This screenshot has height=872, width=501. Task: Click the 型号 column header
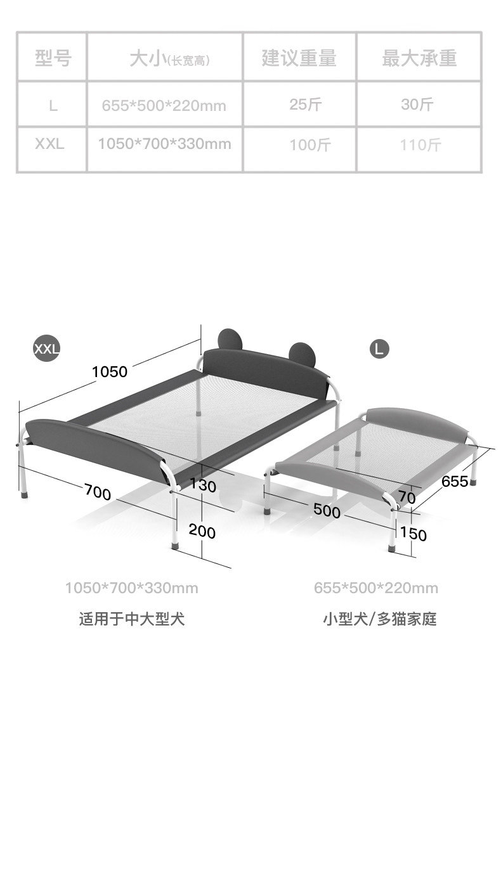click(53, 58)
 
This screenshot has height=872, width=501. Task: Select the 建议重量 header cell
click(299, 58)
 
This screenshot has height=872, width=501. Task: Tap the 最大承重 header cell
click(419, 58)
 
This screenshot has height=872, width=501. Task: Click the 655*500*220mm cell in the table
click(164, 105)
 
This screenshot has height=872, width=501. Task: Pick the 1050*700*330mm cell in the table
click(164, 144)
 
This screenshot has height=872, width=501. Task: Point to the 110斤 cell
click(420, 145)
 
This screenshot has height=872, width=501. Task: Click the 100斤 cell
click(310, 145)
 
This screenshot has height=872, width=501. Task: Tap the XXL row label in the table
click(49, 144)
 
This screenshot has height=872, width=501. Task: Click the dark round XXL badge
click(46, 348)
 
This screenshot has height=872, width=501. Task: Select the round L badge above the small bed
click(379, 348)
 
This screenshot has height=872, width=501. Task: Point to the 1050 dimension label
click(110, 372)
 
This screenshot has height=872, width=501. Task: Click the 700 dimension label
click(98, 492)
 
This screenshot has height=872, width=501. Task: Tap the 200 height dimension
click(202, 532)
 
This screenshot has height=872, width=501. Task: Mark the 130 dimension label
click(202, 487)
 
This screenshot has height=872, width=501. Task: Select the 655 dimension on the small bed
click(455, 482)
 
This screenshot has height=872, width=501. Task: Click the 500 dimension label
click(327, 511)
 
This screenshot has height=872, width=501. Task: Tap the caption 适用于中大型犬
click(131, 619)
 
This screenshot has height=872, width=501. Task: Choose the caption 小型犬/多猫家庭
click(379, 619)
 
